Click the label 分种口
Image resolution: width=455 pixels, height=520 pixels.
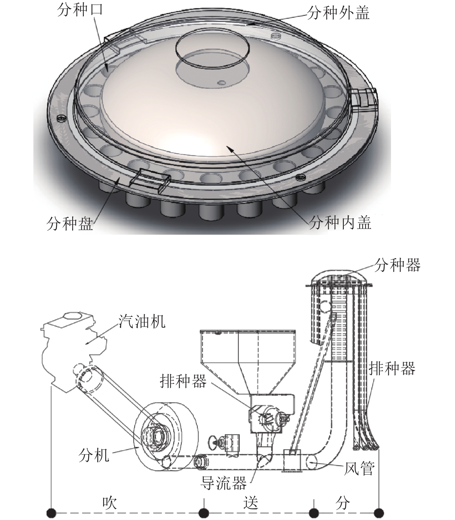(x=80, y=10)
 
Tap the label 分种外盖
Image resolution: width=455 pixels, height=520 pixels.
(x=338, y=13)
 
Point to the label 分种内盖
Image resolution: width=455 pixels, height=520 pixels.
(x=340, y=223)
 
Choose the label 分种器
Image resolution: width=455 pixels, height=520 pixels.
(x=397, y=265)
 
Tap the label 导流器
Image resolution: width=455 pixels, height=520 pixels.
(x=224, y=483)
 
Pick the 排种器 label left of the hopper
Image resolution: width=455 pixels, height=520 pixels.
(x=183, y=380)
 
